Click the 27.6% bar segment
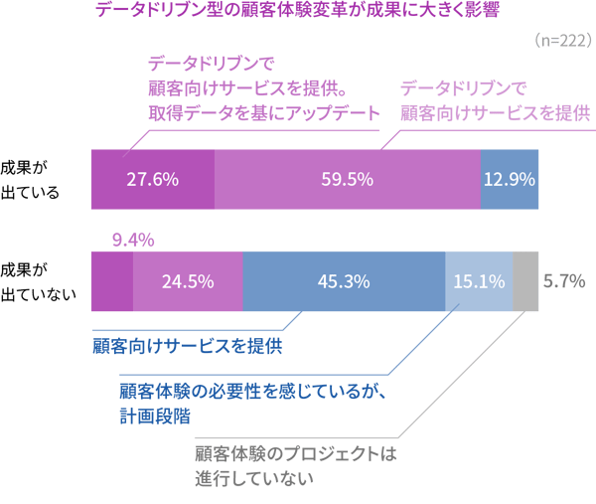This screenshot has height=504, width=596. [152, 180]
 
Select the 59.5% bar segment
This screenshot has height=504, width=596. [347, 180]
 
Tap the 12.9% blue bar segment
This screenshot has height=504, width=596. [510, 180]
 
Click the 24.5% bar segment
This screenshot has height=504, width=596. [188, 281]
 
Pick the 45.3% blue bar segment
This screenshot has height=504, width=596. [344, 281]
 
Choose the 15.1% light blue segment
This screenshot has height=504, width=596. [478, 281]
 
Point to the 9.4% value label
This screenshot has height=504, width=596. [132, 240]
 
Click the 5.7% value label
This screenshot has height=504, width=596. [562, 281]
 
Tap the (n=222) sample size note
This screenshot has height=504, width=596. [562, 41]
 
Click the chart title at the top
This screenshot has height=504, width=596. [298, 11]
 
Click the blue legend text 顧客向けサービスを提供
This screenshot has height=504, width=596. [188, 347]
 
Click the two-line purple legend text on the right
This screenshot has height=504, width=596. [496, 99]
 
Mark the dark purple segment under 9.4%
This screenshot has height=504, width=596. [111, 281]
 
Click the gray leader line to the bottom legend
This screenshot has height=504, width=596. [457, 378]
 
